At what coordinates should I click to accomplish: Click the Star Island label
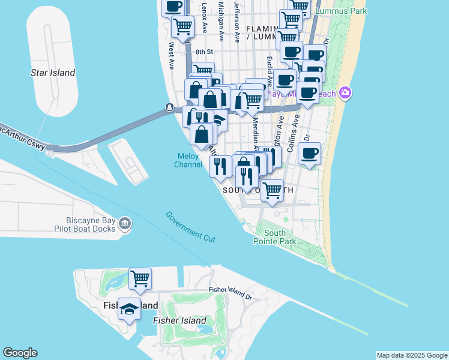click(x=53, y=73)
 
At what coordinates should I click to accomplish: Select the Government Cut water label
click(x=190, y=226)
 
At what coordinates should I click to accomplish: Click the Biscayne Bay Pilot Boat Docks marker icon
click(x=125, y=224)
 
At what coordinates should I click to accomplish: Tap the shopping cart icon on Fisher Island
click(x=140, y=278)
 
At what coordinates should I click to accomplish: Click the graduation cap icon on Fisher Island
click(x=129, y=309)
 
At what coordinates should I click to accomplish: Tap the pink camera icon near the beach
click(x=345, y=93)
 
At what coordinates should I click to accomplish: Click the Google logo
click(x=20, y=353)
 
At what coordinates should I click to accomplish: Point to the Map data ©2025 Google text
click(x=412, y=355)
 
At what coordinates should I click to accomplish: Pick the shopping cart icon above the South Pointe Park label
click(x=273, y=191)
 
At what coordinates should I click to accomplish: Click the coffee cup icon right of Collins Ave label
click(x=309, y=154)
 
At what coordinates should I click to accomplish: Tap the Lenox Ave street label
click(x=205, y=17)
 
